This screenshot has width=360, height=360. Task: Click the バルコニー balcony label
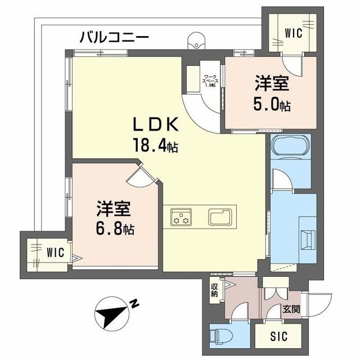[114, 38]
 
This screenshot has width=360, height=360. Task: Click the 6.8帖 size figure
[114, 229]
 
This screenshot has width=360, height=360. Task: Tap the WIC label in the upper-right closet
[294, 33]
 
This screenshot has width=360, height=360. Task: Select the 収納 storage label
[214, 292]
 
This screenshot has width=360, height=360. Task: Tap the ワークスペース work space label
[210, 80]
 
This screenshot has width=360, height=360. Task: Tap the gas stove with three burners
[182, 217]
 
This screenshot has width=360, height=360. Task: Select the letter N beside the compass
[135, 304]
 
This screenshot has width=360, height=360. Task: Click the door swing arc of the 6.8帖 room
[137, 177]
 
